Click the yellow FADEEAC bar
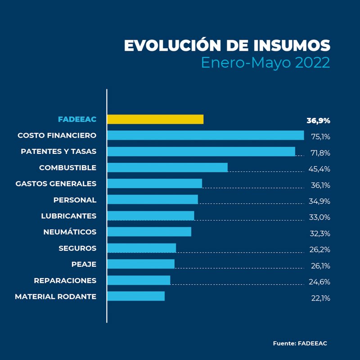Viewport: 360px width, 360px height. point(155,119)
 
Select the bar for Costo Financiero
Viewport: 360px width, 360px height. point(206,135)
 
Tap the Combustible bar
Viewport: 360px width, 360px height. point(167,167)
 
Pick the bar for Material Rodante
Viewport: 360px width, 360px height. point(136,296)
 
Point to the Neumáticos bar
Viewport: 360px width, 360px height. point(149,232)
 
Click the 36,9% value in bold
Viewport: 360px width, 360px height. point(318,121)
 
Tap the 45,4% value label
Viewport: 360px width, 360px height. point(320,169)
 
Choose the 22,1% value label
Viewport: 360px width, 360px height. point(320,298)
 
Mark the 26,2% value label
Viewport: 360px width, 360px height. point(320,250)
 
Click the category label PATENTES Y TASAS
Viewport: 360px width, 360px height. point(58,151)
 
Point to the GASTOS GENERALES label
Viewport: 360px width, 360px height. point(56,184)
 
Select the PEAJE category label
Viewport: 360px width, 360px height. point(84,264)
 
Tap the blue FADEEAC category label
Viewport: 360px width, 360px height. point(77,119)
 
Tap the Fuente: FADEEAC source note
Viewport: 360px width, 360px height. point(300,343)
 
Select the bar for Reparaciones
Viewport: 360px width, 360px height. point(139,280)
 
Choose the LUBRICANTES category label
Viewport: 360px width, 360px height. point(68,216)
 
